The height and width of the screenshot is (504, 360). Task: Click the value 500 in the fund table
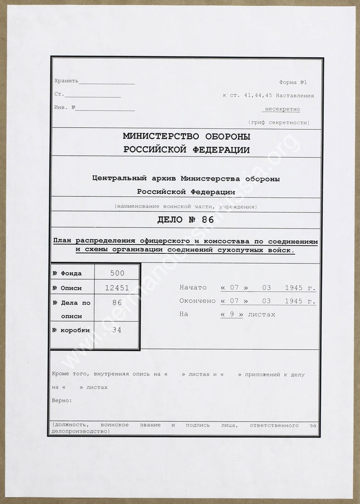click(x=117, y=273)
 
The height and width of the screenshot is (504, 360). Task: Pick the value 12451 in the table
click(x=117, y=287)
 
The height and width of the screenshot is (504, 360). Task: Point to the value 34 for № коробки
click(x=117, y=330)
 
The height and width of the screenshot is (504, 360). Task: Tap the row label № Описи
click(x=68, y=288)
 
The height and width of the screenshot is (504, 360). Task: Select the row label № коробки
click(x=71, y=331)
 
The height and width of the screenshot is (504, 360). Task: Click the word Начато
click(x=193, y=288)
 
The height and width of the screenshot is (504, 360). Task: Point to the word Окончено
click(x=198, y=301)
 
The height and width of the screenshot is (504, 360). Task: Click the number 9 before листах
click(x=231, y=315)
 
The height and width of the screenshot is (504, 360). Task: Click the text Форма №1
click(x=293, y=82)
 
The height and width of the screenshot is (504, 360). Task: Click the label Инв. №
click(x=65, y=108)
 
